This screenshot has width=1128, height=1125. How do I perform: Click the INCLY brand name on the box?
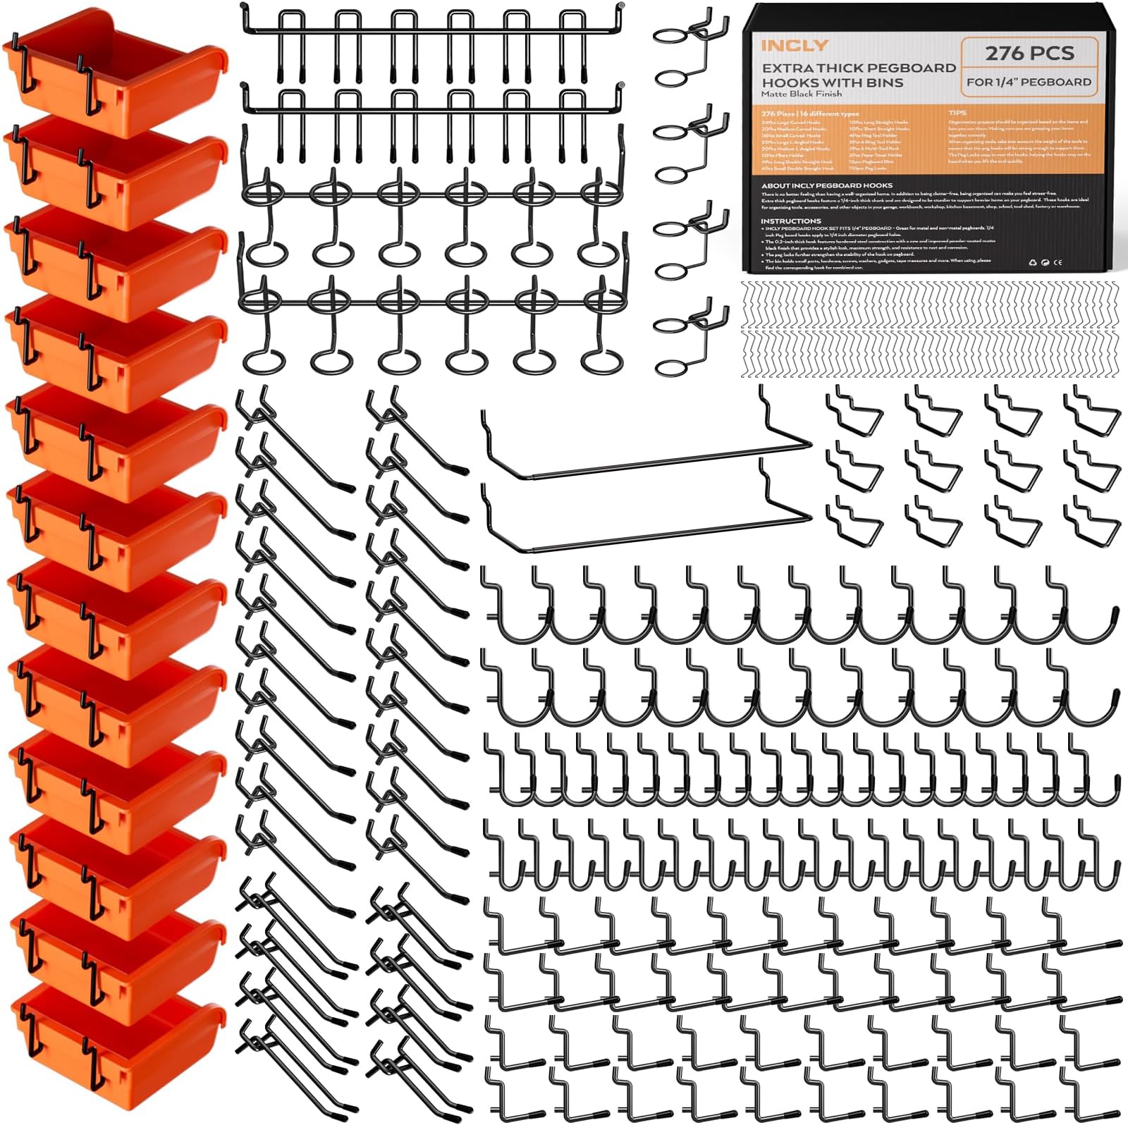tap(785, 46)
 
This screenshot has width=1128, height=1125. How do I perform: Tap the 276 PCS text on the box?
tap(1029, 54)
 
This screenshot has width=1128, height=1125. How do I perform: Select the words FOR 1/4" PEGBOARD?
tap(1029, 82)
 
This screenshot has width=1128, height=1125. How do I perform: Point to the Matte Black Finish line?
tap(802, 94)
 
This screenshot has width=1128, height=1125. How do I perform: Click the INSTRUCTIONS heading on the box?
tap(790, 221)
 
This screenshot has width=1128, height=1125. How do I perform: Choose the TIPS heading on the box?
tap(957, 113)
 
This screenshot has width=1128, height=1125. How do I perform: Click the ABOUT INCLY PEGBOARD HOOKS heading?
tap(826, 186)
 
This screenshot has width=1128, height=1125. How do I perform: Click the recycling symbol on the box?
tap(1034, 262)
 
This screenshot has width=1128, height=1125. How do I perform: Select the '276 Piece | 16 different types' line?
tap(811, 113)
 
